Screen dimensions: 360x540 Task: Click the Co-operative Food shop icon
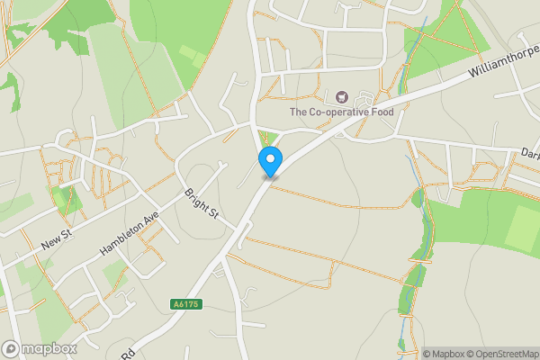point(341,96)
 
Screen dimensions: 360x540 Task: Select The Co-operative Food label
point(342,112)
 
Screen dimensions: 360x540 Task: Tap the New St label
point(56,239)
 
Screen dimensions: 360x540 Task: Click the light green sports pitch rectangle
point(523,229)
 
